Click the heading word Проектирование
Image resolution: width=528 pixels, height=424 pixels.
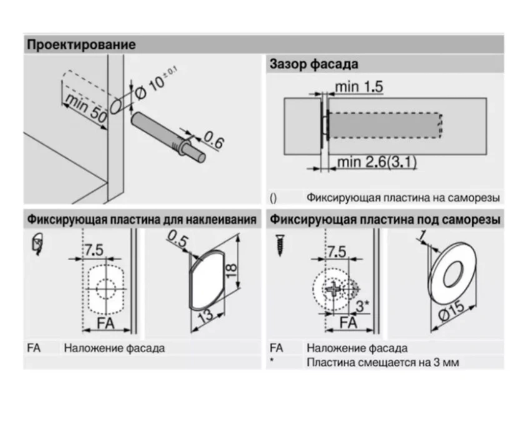click(81, 45)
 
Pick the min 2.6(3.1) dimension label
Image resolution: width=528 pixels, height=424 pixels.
click(377, 163)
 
